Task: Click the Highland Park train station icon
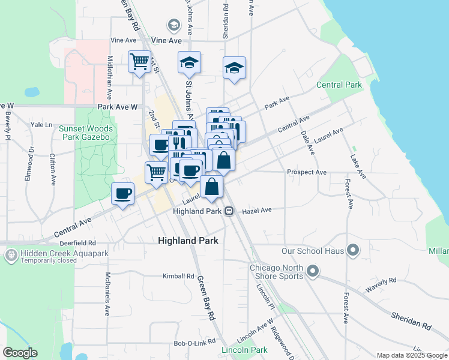point(229,211)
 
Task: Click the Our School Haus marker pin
point(352,250)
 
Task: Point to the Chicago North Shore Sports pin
point(312,272)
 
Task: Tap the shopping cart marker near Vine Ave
point(139,61)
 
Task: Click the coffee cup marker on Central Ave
point(122,194)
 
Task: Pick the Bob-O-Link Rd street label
point(190,343)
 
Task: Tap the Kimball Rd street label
point(179,277)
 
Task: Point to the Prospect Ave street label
point(306,172)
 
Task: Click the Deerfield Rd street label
point(78,243)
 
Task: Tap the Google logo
point(20,353)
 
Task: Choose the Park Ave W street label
point(118,107)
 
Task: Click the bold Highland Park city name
point(188,240)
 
